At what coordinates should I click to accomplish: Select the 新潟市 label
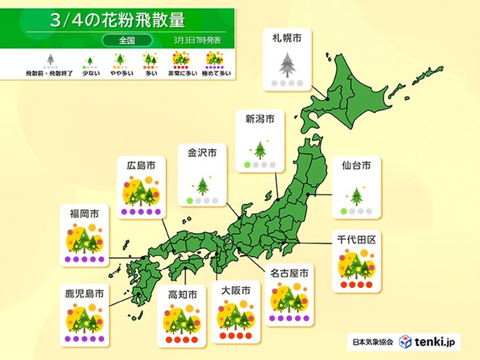[x=259, y=119]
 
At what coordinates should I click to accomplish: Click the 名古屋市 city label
[x=290, y=273]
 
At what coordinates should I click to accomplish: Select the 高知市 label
[x=182, y=295]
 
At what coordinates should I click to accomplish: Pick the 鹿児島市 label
[x=85, y=294]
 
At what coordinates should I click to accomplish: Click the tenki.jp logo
[x=428, y=341]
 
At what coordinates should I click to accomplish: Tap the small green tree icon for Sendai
[x=357, y=196]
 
